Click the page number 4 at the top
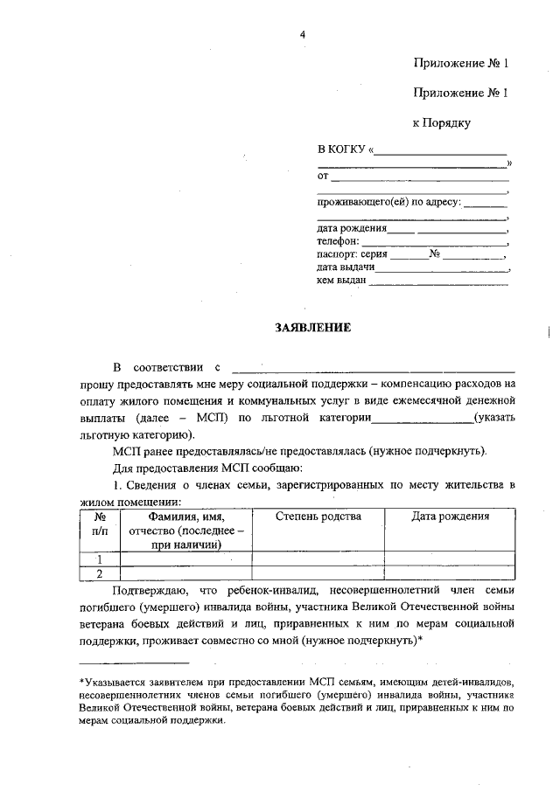pos(303,34)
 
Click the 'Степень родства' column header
pos(318,517)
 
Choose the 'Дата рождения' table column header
pos(450,517)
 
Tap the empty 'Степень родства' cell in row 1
pos(318,559)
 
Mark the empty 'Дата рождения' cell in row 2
pos(450,573)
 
